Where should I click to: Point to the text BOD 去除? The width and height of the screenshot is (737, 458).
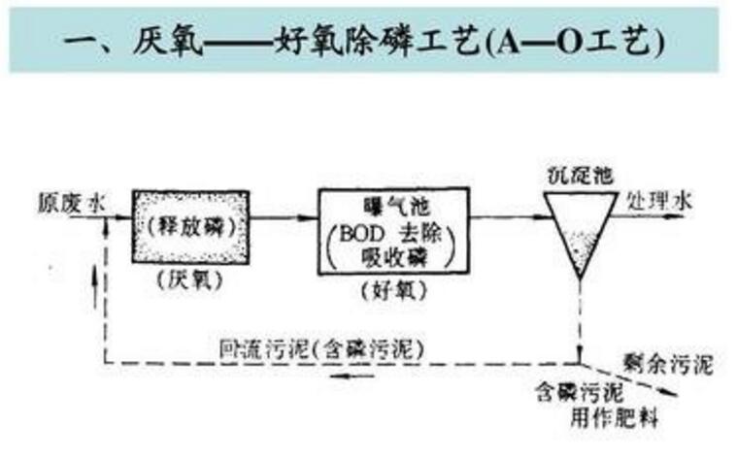coord(388,234)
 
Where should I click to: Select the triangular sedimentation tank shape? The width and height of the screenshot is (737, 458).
coord(580,228)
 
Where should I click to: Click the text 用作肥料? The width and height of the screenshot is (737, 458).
coord(611,418)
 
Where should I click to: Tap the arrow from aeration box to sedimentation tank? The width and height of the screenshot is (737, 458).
coord(499,217)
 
